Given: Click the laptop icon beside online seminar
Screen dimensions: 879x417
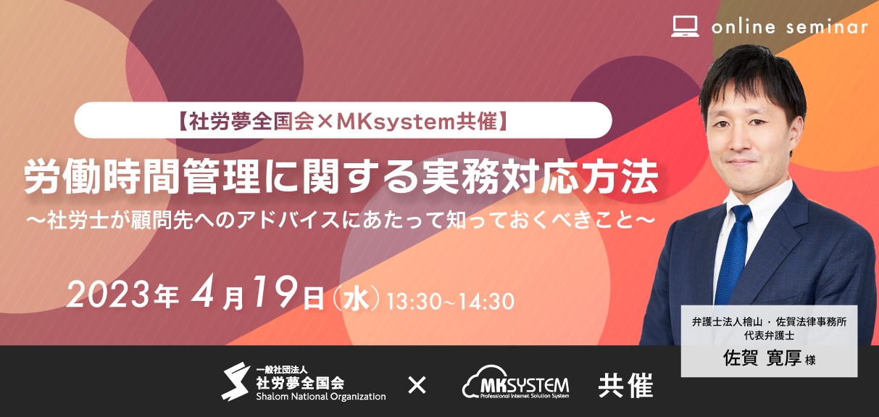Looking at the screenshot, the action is coord(685,26).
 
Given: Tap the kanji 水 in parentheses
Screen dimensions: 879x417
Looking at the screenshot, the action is coord(356,300).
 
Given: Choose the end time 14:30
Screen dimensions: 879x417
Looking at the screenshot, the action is coord(486,302).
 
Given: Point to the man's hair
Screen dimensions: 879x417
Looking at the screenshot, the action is coord(751,78).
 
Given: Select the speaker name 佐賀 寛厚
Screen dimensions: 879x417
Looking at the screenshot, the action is coord(762,358).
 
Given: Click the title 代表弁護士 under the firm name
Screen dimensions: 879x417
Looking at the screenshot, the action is coord(769,336).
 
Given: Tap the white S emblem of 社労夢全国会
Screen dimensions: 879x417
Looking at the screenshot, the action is coord(236,381).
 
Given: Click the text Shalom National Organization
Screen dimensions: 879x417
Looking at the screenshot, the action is coord(321,397).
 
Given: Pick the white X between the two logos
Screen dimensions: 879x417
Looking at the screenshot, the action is coord(417,385).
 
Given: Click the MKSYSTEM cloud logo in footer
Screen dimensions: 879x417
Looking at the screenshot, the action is coord(516,383).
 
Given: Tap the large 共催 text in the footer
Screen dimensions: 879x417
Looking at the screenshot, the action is coord(625,385).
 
